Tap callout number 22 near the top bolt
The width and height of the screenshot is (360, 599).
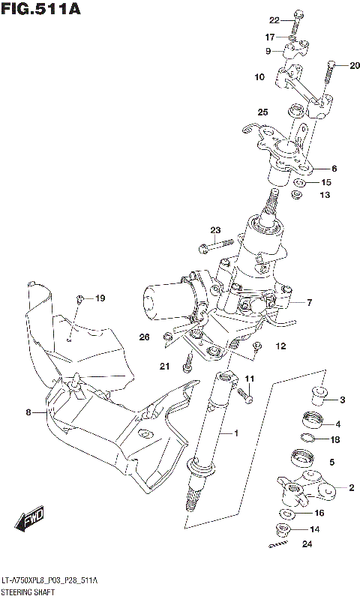tap(274, 19)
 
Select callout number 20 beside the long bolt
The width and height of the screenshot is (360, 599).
tap(355, 65)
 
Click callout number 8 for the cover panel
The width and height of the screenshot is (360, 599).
tap(28, 412)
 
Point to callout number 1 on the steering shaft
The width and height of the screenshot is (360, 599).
tap(235, 433)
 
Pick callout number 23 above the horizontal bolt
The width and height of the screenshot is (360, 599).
tap(215, 229)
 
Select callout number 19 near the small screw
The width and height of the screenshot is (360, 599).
tap(100, 299)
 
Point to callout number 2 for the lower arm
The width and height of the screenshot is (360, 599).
tap(351, 488)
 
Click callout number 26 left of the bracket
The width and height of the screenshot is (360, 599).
tap(145, 337)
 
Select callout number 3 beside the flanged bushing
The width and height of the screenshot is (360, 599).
tap(341, 399)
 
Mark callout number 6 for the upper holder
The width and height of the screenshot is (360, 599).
tap(334, 169)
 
